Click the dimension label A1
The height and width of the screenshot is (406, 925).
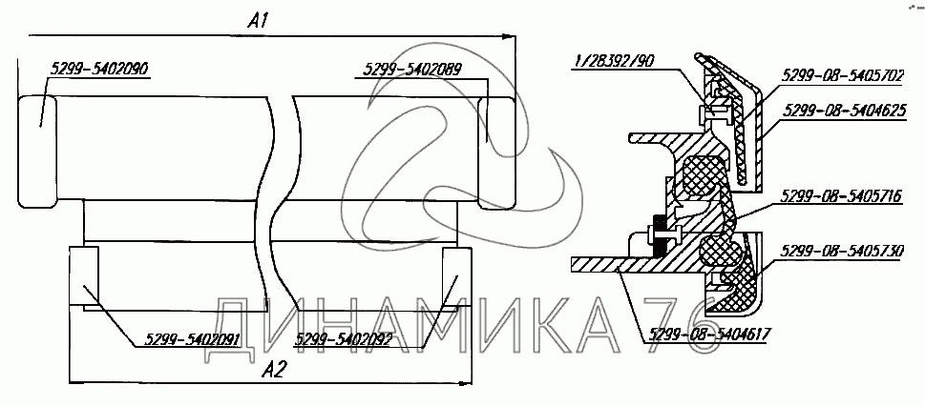coord(259,22)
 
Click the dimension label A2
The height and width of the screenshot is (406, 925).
coord(274,370)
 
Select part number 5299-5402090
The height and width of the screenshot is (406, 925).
coord(99,69)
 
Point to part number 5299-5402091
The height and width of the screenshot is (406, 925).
coord(191,339)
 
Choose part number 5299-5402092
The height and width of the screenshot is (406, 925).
coord(344,339)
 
